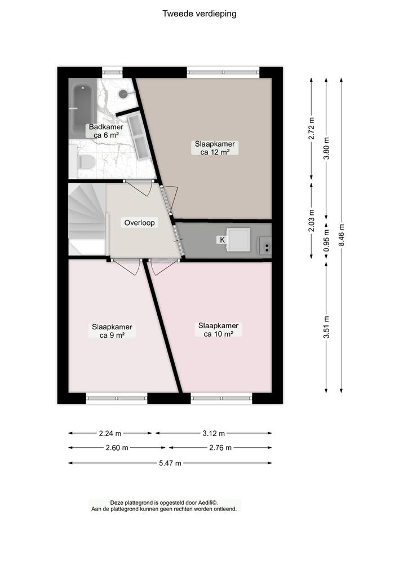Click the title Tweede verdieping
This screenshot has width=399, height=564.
(x=200, y=14)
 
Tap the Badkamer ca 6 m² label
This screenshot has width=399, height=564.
(x=105, y=131)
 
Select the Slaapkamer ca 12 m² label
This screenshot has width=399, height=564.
(x=215, y=148)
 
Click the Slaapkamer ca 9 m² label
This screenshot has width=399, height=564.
(x=112, y=331)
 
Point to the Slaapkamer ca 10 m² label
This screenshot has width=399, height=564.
(x=218, y=330)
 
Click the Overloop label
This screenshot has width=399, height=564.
(x=140, y=223)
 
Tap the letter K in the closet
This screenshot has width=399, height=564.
(x=222, y=240)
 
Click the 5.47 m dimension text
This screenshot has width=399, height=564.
(x=170, y=463)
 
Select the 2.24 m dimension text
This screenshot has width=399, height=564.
(x=110, y=433)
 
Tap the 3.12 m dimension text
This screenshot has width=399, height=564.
(x=214, y=433)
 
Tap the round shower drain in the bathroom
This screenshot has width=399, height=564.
(x=123, y=95)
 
